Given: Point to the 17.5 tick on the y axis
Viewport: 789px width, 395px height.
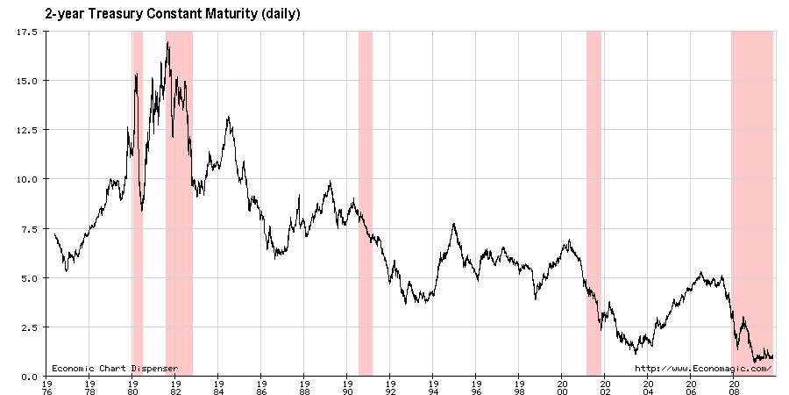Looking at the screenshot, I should click(25, 32).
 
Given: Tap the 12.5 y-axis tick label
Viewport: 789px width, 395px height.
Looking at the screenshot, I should click(25, 130).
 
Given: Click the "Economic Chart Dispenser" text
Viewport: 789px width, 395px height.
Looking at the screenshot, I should click(114, 368).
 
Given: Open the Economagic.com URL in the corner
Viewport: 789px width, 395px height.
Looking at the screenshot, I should click(703, 368).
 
